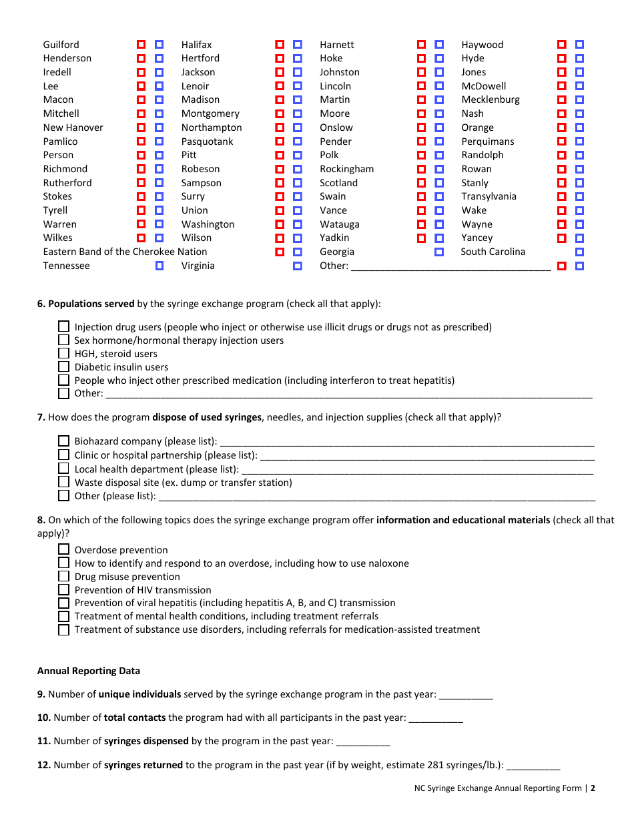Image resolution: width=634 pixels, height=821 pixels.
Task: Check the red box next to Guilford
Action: [x=141, y=45]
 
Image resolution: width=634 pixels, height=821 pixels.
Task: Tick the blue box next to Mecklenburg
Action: [x=579, y=99]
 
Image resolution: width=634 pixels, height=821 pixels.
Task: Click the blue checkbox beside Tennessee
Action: [x=160, y=266]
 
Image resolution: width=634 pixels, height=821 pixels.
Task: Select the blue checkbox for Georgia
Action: [x=439, y=252]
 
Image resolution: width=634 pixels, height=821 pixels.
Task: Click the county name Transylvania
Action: [x=489, y=196]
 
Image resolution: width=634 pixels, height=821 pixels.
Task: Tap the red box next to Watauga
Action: [x=421, y=224]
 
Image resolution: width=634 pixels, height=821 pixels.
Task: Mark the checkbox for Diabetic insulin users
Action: [x=63, y=366]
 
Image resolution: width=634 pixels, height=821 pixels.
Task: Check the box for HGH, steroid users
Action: [x=63, y=353]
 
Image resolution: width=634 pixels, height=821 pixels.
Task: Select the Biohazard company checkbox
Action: [x=63, y=441]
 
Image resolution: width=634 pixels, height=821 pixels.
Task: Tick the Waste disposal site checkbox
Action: [x=63, y=482]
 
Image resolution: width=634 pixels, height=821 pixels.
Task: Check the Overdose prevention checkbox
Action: [x=63, y=549]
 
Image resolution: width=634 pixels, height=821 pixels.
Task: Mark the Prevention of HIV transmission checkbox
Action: [x=63, y=589]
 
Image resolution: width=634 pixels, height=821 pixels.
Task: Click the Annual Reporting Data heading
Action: [x=89, y=671]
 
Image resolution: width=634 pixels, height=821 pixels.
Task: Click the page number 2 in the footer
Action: [x=593, y=788]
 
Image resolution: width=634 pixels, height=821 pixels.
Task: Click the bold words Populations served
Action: [x=91, y=304]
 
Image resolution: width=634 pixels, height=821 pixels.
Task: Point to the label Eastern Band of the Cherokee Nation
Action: [x=125, y=252]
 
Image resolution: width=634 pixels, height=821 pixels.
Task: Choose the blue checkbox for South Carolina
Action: [x=579, y=252]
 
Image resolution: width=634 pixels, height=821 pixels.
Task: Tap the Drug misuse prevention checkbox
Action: [x=63, y=576]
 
